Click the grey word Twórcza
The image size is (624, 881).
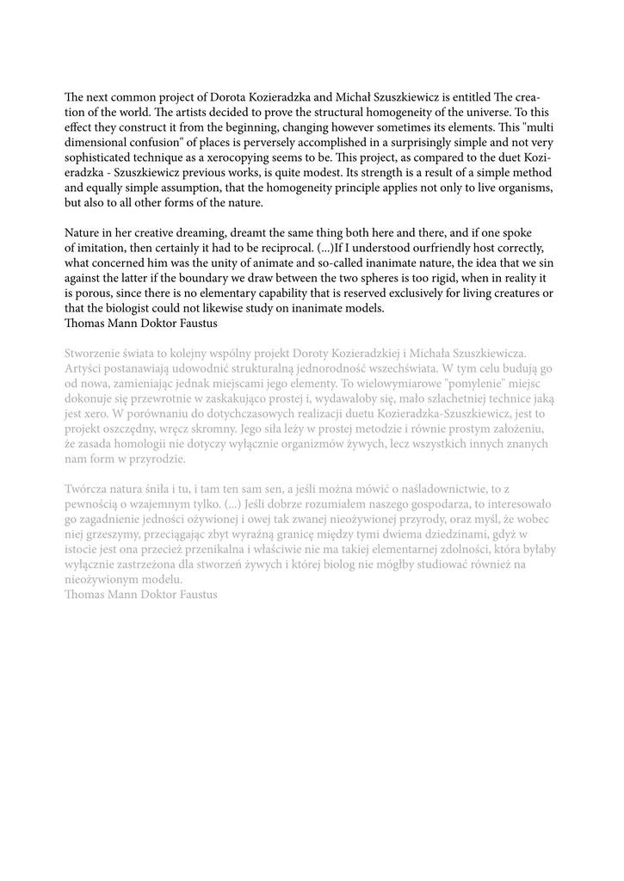88,489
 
